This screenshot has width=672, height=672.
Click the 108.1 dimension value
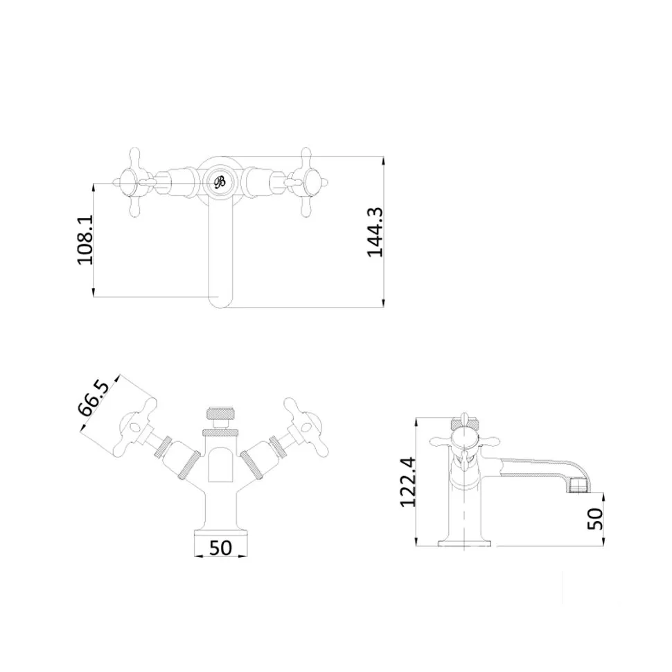tap(85, 240)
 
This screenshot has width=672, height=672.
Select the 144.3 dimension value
tap(375, 232)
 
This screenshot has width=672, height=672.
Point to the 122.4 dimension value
tap(407, 482)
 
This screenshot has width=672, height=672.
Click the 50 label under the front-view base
tap(221, 548)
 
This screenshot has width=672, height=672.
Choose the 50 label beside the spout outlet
tap(595, 519)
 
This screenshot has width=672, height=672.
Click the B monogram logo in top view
tap(220, 182)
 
